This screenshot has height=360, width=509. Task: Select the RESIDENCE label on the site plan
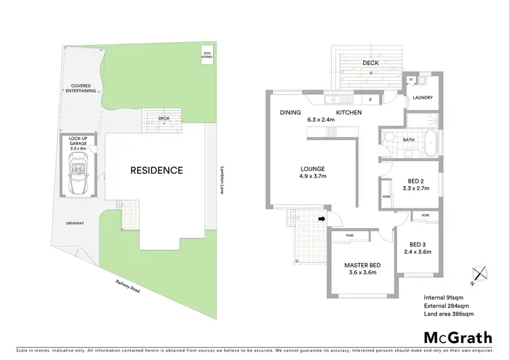(157, 170)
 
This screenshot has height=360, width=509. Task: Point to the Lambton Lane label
(222, 181)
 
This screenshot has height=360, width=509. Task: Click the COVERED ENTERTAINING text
(80, 89)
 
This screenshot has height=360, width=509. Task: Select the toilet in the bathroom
(389, 137)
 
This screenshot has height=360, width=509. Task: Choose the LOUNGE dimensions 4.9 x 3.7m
(314, 176)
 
